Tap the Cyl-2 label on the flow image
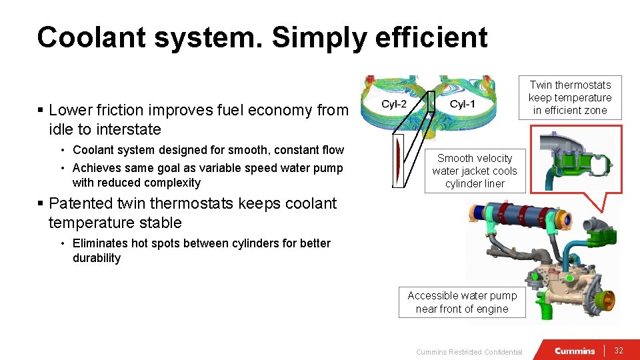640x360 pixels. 395,104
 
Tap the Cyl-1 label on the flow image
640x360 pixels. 462,104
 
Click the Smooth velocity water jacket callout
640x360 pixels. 475,171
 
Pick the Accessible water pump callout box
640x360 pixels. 462,302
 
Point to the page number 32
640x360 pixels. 618,351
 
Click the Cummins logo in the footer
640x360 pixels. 575,351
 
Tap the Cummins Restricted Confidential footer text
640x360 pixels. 469,352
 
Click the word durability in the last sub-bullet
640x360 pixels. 97,258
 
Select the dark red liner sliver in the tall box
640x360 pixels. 398,160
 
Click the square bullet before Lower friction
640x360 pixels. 41,110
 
